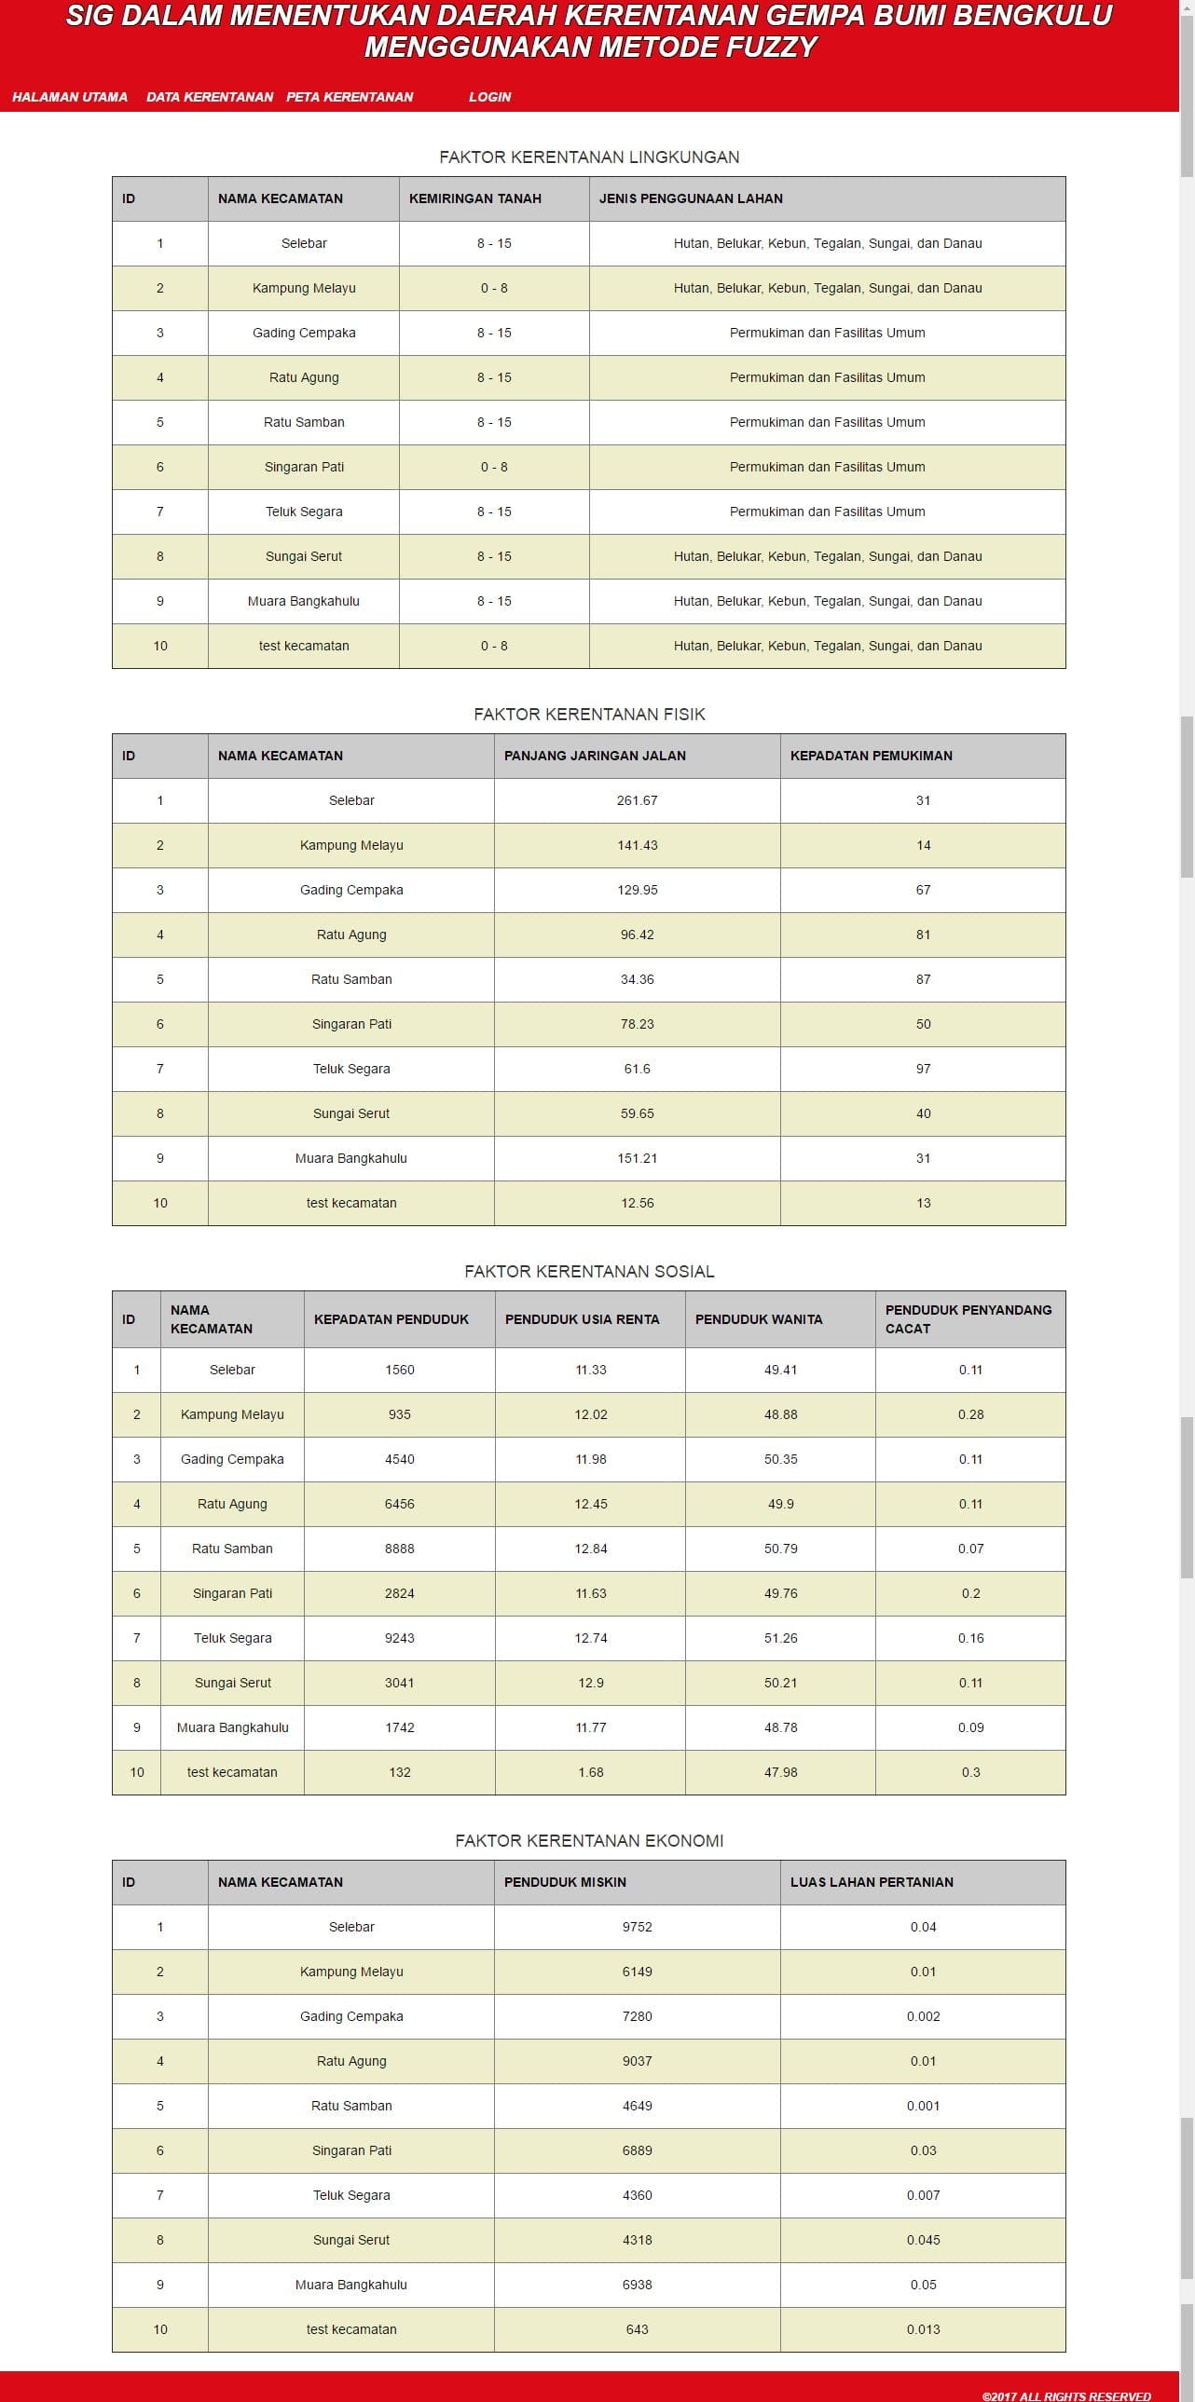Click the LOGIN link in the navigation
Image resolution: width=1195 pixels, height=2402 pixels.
(x=489, y=97)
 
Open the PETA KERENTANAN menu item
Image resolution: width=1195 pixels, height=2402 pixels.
(x=349, y=97)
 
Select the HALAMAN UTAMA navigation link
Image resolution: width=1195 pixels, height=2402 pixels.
(x=70, y=97)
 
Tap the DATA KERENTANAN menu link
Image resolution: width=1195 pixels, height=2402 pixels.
(x=210, y=97)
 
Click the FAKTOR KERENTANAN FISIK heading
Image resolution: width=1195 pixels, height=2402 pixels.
(x=588, y=715)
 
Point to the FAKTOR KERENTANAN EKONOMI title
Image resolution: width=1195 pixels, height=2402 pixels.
(x=588, y=1841)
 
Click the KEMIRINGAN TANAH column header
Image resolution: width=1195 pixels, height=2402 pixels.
(x=474, y=198)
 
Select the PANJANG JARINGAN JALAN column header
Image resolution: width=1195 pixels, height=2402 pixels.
(x=594, y=757)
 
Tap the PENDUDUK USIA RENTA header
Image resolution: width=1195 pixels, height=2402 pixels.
(x=582, y=1319)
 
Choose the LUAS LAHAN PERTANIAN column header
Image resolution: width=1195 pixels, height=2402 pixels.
(x=872, y=1883)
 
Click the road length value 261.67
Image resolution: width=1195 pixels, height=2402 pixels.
(x=638, y=801)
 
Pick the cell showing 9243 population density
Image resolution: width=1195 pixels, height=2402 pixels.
(x=399, y=1638)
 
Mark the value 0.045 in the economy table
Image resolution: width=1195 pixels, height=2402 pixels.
(x=923, y=2240)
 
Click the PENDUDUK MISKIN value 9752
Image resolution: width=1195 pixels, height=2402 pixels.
(x=638, y=1928)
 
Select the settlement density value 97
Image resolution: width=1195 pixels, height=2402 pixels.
(x=923, y=1070)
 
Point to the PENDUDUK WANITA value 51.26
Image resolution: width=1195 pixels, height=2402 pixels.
(x=780, y=1638)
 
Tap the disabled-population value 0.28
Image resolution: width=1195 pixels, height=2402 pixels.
(x=970, y=1414)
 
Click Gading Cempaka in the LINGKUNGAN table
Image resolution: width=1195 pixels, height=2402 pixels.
(x=303, y=333)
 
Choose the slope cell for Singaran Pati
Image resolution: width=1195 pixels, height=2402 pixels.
(x=493, y=467)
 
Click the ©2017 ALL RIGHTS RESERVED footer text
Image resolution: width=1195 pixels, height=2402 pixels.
(x=1065, y=2395)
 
